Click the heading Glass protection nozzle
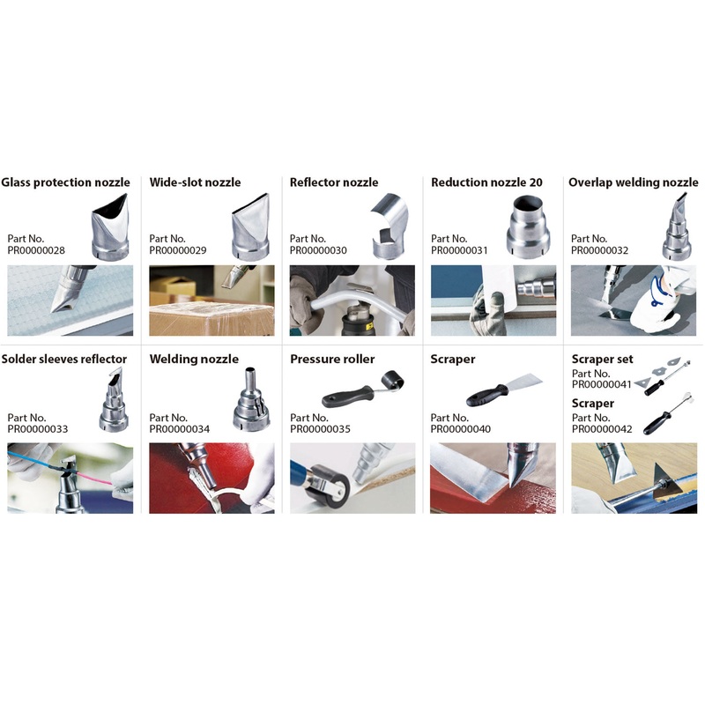pos(65,182)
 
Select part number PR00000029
pos(178,250)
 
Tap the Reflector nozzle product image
pos(390,226)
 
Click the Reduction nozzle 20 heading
pos(486,182)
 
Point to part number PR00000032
pos(599,250)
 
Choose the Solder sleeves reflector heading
pos(64,359)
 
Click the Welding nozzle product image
pos(252,399)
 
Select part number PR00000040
pos(460,429)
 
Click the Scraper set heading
pos(602,359)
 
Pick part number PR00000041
pos(602,384)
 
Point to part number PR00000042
pos(602,429)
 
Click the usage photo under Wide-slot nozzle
pos(211,301)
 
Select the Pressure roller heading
pos(332,359)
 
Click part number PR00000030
pos(318,250)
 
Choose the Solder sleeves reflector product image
pos(115,400)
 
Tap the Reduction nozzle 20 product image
pos(528,226)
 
